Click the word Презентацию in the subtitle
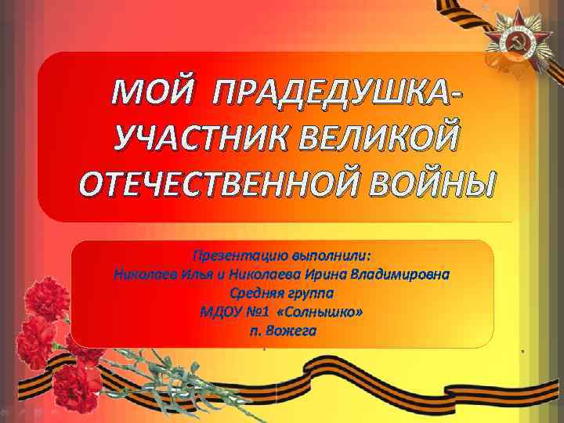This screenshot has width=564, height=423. (239, 256)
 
